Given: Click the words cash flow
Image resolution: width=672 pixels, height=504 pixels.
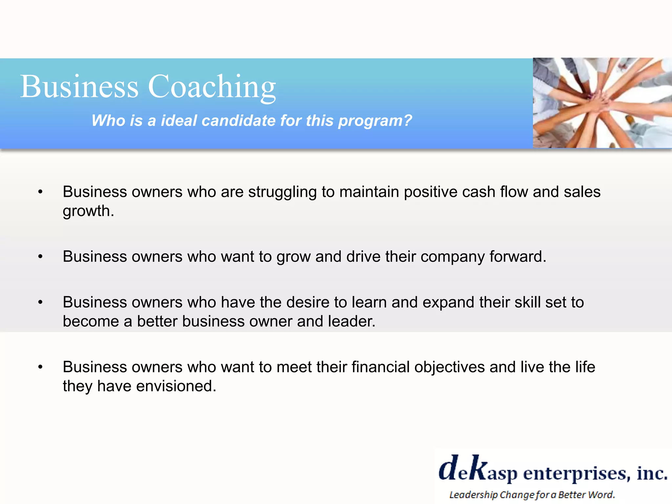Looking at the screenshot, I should point(495,192).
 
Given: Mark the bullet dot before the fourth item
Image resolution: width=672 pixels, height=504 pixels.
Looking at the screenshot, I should point(40,367).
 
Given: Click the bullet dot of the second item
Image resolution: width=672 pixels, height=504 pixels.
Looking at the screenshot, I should point(40,257).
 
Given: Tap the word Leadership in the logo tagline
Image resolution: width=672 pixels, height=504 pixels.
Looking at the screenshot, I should point(473,494).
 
